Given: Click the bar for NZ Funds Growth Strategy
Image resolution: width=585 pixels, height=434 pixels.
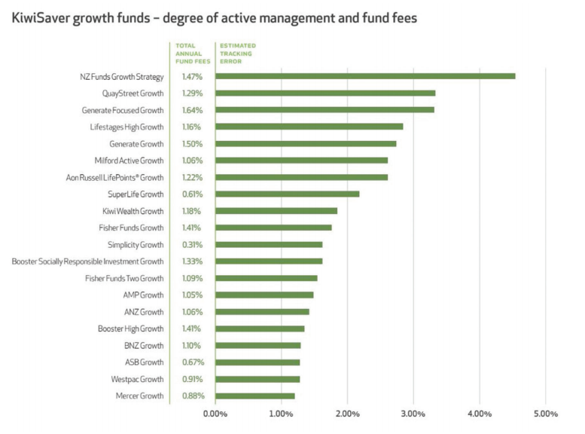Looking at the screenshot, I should pyautogui.click(x=365, y=76).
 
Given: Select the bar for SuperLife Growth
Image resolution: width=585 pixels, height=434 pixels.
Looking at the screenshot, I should pyautogui.click(x=287, y=194).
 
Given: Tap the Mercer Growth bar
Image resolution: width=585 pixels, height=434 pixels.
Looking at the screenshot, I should pyautogui.click(x=254, y=396).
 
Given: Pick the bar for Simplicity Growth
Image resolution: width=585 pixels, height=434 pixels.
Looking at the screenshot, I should pyautogui.click(x=269, y=244).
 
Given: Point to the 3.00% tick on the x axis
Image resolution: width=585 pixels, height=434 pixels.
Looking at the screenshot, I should pyautogui.click(x=413, y=414).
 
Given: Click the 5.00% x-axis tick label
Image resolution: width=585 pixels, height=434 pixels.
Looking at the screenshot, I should pyautogui.click(x=545, y=414).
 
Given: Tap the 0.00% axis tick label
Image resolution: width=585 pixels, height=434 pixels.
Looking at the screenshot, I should pyautogui.click(x=215, y=414).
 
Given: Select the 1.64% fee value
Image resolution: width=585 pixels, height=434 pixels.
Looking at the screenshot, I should pyautogui.click(x=192, y=110).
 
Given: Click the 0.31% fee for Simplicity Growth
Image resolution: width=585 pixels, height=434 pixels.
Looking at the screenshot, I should pyautogui.click(x=192, y=244).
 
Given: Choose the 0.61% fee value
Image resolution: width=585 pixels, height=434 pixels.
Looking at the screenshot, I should pyautogui.click(x=192, y=194).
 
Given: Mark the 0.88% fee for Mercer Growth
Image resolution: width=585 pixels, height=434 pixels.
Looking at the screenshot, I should pyautogui.click(x=192, y=396).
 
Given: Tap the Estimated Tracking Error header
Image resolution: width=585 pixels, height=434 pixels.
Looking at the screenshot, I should pyautogui.click(x=237, y=53).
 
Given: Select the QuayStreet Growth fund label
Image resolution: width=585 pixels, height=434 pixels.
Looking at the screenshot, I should pyautogui.click(x=133, y=93).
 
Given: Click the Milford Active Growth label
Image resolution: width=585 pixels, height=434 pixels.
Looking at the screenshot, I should pyautogui.click(x=129, y=160).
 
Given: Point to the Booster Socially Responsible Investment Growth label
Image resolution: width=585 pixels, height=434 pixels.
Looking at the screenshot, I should pyautogui.click(x=87, y=261).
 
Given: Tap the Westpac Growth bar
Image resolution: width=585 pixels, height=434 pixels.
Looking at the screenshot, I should pyautogui.click(x=257, y=379).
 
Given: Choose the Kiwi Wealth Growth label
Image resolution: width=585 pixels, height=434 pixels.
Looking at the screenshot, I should pyautogui.click(x=133, y=211).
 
